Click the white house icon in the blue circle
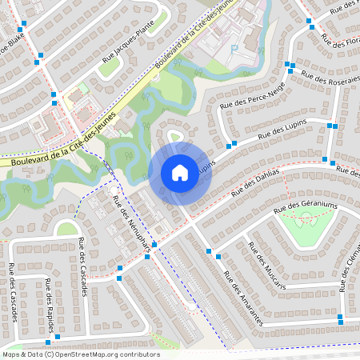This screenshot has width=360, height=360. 179,173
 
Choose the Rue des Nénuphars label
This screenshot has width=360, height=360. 131,227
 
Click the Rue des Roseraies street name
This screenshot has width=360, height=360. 330,77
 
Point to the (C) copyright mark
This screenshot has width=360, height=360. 49,354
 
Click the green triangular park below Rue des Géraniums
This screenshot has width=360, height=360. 306,230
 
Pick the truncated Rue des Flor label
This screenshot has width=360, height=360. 341,41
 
